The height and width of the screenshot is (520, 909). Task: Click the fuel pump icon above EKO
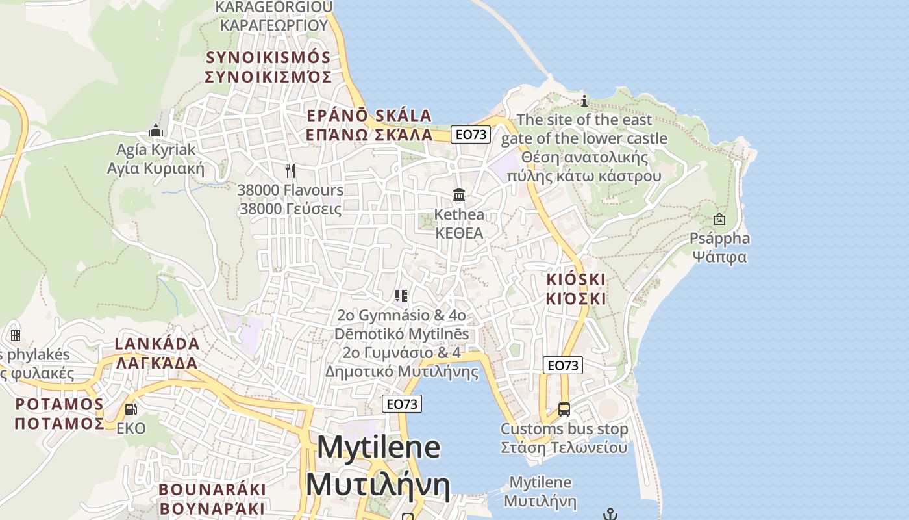131,409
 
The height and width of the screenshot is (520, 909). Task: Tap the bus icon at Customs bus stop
564,409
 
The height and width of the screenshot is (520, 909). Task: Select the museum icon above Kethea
459,194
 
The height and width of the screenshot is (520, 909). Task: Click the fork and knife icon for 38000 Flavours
290,171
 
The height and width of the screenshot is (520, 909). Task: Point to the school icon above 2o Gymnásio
401,296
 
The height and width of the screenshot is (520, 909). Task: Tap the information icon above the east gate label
584,101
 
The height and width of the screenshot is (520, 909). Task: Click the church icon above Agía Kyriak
155,131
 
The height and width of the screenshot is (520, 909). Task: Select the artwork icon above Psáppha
719,219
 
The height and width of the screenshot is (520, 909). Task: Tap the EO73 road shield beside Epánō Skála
471,135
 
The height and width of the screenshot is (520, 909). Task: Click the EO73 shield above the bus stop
562,365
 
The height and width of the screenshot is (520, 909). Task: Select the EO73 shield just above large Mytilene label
402,404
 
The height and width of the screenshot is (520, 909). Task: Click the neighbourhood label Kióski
576,289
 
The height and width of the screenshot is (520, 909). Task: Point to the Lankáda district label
157,353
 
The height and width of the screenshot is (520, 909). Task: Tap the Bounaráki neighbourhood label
212,499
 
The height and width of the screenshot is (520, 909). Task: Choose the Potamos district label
59,414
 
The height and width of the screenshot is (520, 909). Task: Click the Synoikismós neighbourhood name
268,67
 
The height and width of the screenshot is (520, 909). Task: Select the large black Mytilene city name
379,465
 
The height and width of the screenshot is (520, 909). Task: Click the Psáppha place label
719,247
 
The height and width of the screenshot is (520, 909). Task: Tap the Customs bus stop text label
564,438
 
